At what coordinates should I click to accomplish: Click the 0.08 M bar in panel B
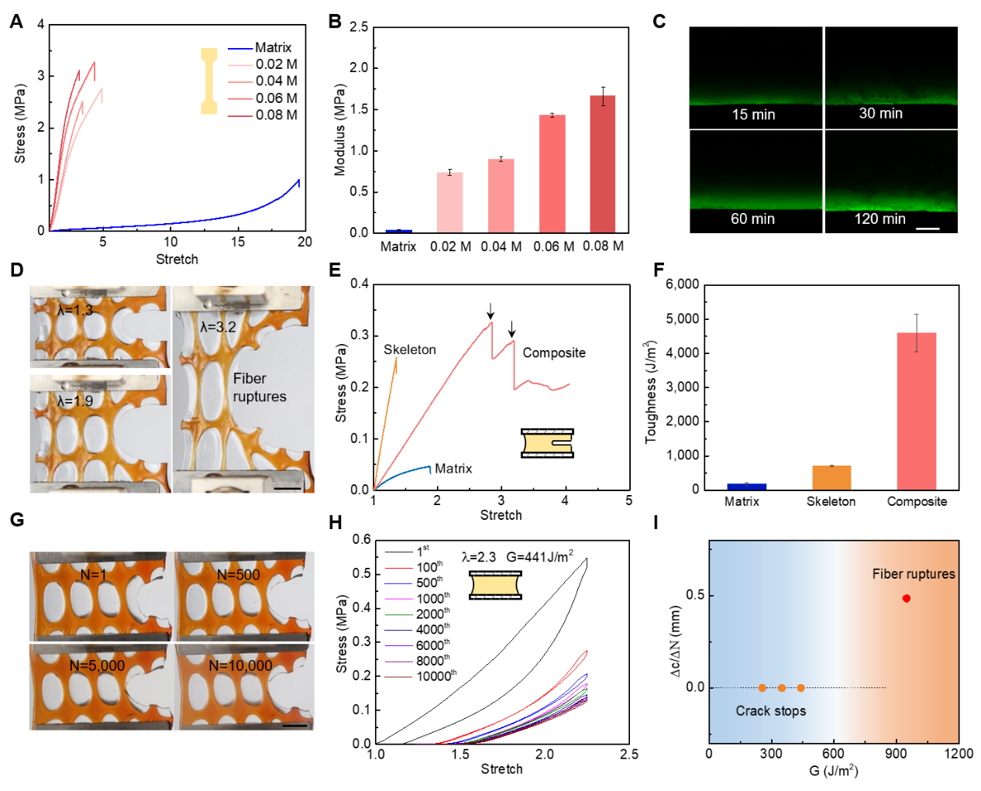(602, 163)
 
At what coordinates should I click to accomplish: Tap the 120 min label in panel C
(879, 219)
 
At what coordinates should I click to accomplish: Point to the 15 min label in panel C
(753, 115)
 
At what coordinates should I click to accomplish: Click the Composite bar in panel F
(916, 411)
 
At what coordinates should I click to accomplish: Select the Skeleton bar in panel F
(831, 477)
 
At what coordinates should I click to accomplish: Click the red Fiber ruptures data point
(906, 598)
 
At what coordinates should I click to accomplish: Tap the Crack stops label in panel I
(770, 711)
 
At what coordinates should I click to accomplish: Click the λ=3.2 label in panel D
(218, 327)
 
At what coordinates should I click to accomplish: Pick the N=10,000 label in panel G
(240, 665)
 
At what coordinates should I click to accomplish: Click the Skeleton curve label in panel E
(409, 350)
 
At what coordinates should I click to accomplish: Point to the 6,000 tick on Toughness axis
(682, 284)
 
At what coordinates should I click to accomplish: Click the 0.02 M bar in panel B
(449, 202)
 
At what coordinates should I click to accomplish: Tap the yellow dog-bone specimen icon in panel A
(209, 81)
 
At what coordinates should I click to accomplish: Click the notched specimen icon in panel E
(547, 443)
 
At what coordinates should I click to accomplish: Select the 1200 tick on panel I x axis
(958, 754)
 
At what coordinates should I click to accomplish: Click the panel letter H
(336, 523)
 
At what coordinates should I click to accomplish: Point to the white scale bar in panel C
(928, 229)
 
